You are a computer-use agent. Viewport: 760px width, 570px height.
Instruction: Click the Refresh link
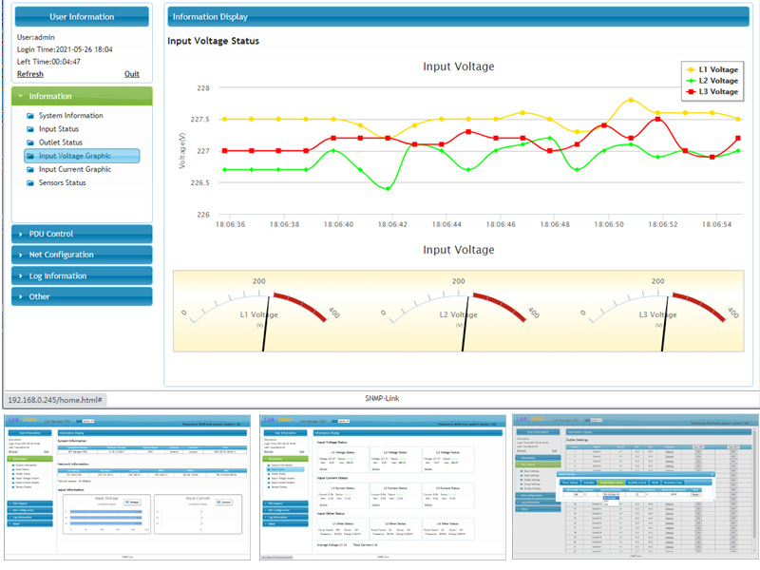(x=30, y=74)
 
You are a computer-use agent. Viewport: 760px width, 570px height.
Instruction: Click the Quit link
(x=132, y=74)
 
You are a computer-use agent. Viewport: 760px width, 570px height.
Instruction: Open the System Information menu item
(x=71, y=116)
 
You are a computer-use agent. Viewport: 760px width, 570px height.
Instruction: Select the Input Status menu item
(x=59, y=129)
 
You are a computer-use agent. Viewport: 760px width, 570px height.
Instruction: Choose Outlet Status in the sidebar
(x=61, y=142)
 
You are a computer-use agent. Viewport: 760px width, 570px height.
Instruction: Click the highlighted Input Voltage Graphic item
(x=75, y=156)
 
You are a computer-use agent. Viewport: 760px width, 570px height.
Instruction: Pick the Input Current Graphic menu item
(x=75, y=169)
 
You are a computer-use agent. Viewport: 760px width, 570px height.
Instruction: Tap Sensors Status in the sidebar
(x=63, y=182)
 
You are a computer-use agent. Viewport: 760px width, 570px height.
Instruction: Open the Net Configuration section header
(x=62, y=255)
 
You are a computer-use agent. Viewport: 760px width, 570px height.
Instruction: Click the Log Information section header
(x=58, y=275)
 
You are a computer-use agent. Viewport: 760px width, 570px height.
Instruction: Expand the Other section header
(x=40, y=296)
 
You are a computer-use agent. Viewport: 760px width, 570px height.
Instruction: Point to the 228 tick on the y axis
(x=202, y=88)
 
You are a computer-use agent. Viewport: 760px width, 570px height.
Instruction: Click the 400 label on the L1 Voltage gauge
(x=333, y=313)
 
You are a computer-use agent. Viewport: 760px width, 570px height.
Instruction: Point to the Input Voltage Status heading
(x=214, y=41)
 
